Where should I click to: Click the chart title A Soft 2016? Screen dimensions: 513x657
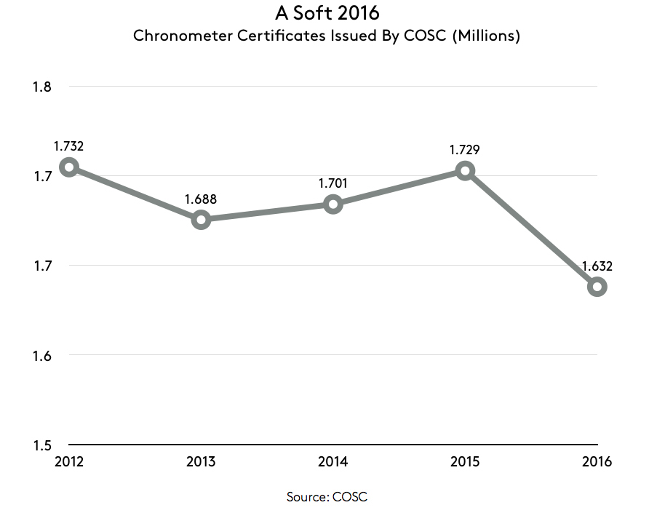[x=327, y=13]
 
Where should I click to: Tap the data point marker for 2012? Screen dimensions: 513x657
[x=68, y=167]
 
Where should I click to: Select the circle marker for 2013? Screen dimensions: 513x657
[x=201, y=220]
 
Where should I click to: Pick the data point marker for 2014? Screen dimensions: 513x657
[x=333, y=204]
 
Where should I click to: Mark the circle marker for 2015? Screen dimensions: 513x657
[x=465, y=171]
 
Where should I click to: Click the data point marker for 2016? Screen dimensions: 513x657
[x=597, y=287]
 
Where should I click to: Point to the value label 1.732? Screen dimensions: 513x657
[x=68, y=146]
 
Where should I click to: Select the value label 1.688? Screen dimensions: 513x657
[x=201, y=199]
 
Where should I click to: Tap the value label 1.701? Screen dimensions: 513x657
[x=333, y=183]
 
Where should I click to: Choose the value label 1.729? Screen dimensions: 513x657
[x=465, y=150]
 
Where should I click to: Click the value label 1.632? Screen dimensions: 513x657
[x=597, y=266]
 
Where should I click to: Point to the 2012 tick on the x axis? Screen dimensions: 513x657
[x=68, y=461]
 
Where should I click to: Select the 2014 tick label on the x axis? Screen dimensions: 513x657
[x=333, y=461]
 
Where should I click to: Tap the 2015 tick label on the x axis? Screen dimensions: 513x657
[x=465, y=461]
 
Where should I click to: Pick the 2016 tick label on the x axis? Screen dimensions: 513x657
[x=597, y=461]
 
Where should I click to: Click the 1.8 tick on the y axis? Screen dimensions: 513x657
[x=41, y=87]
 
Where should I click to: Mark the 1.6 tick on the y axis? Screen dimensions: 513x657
[x=41, y=356]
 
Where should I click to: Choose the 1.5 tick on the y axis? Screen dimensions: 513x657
[x=41, y=445]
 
